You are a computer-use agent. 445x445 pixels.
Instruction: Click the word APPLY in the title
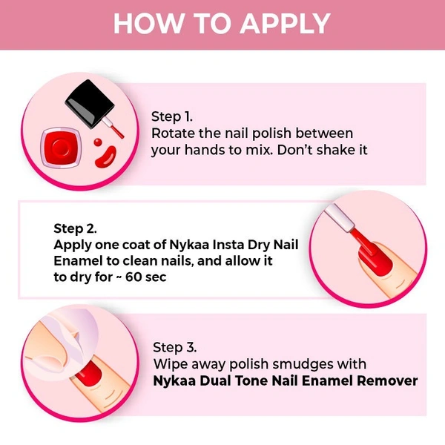[x=286, y=24]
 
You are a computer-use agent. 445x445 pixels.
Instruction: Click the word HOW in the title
[x=148, y=24]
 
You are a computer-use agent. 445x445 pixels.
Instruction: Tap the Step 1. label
[x=172, y=117]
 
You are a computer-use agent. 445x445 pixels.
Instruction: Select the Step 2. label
[x=75, y=228]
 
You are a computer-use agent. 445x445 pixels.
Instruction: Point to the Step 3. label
[x=175, y=348]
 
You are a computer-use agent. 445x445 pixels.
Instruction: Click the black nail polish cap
[x=90, y=104]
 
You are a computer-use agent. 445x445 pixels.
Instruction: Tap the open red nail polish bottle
[x=61, y=148]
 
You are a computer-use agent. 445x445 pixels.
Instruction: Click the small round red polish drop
[x=98, y=142]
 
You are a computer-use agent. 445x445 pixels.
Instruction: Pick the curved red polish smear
[x=105, y=156]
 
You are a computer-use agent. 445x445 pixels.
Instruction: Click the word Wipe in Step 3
[x=171, y=364]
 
